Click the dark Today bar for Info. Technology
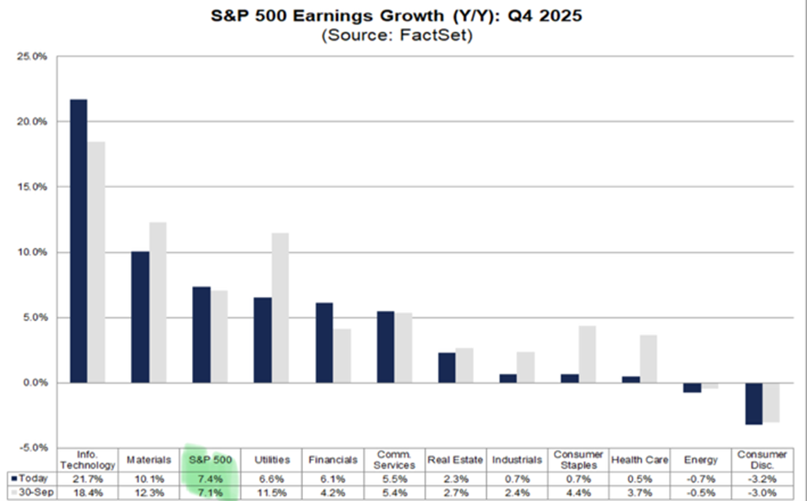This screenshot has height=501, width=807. point(78,240)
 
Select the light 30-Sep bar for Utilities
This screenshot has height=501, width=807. point(280,308)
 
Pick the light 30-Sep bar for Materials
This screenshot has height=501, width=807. point(157,302)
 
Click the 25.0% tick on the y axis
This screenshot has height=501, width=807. point(36,57)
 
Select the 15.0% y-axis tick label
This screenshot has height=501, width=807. point(36,187)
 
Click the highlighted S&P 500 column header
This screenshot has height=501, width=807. point(209,459)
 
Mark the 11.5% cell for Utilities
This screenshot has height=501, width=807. point(271,493)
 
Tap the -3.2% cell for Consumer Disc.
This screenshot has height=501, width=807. point(762,478)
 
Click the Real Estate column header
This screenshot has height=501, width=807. point(456,459)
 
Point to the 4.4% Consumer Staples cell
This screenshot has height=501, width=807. point(578,493)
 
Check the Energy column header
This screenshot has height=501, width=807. point(700,459)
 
